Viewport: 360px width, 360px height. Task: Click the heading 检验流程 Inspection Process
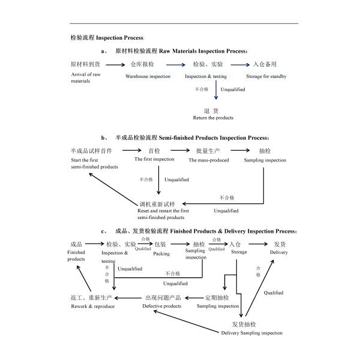[x=107, y=37]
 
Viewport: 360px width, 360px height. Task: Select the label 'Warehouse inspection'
[x=148, y=76]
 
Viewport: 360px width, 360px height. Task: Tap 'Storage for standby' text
[x=266, y=76]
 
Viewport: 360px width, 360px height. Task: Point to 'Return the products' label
[x=213, y=118]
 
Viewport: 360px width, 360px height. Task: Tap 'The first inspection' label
[x=154, y=159]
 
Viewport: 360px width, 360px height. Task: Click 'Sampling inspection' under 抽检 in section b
[x=265, y=160]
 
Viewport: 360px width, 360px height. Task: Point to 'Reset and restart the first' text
[x=163, y=211]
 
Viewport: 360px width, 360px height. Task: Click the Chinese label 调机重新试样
[x=157, y=204]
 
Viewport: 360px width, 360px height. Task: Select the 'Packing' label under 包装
[x=161, y=253]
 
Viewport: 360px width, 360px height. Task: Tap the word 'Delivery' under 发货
[x=278, y=253]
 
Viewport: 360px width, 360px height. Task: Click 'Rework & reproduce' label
[x=92, y=306]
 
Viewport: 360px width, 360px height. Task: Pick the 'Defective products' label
[x=161, y=306]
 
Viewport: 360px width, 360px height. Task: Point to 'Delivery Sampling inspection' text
[x=251, y=333]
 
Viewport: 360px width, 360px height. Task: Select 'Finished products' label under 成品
[x=76, y=256]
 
